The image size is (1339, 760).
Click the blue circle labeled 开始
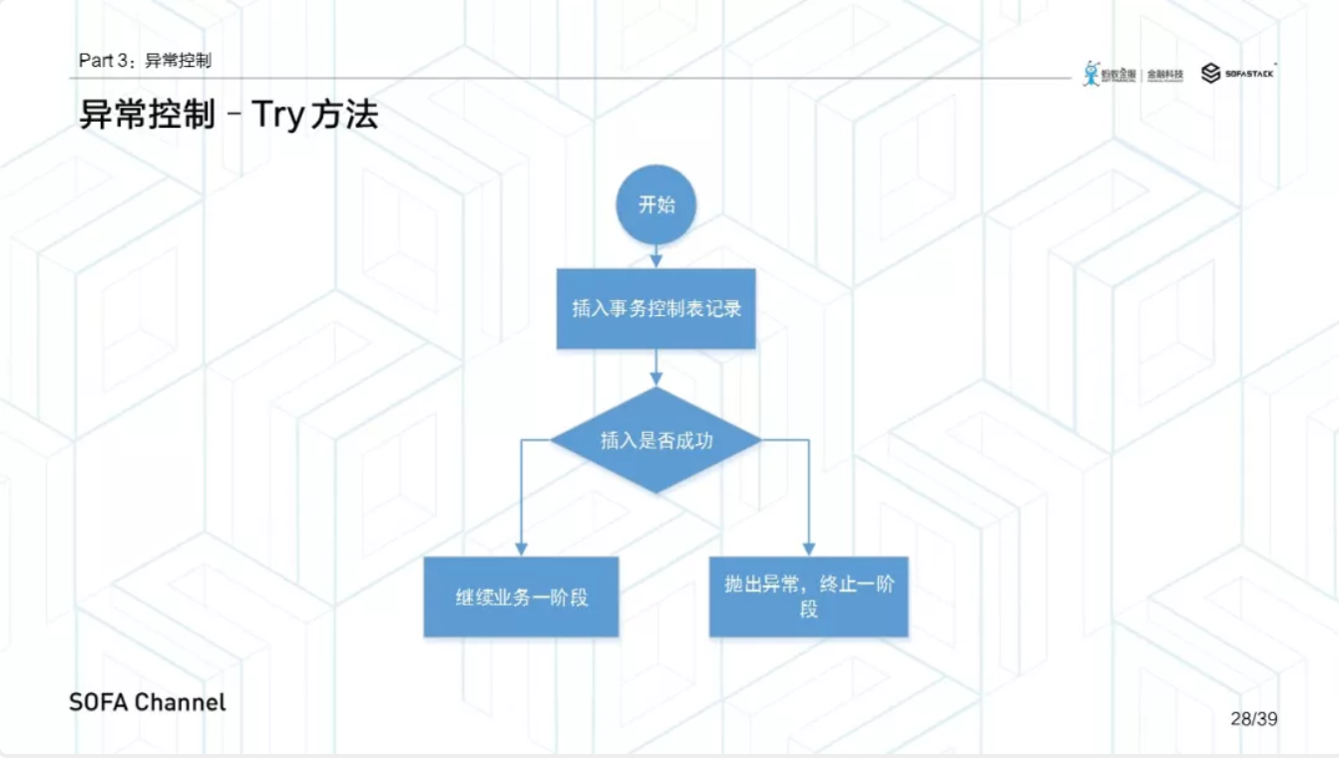click(656, 204)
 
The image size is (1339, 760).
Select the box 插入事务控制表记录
click(656, 308)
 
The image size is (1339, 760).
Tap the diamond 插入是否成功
click(656, 440)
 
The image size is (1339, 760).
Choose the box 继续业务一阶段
click(521, 596)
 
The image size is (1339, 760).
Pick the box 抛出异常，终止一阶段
click(808, 596)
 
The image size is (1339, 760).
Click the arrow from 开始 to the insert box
click(656, 256)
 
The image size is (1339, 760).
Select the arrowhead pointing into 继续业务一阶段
click(521, 549)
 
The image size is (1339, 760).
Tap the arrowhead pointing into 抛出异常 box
click(808, 549)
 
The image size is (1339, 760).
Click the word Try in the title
click(276, 116)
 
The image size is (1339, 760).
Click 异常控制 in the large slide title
click(147, 115)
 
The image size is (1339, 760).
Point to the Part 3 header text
click(145, 61)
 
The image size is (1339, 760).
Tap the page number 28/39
click(1253, 718)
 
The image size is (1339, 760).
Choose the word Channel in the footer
click(181, 702)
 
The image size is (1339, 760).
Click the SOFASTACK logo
click(1238, 73)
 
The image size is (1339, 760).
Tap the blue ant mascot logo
click(1092, 73)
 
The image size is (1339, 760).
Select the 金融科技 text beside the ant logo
click(1164, 74)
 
